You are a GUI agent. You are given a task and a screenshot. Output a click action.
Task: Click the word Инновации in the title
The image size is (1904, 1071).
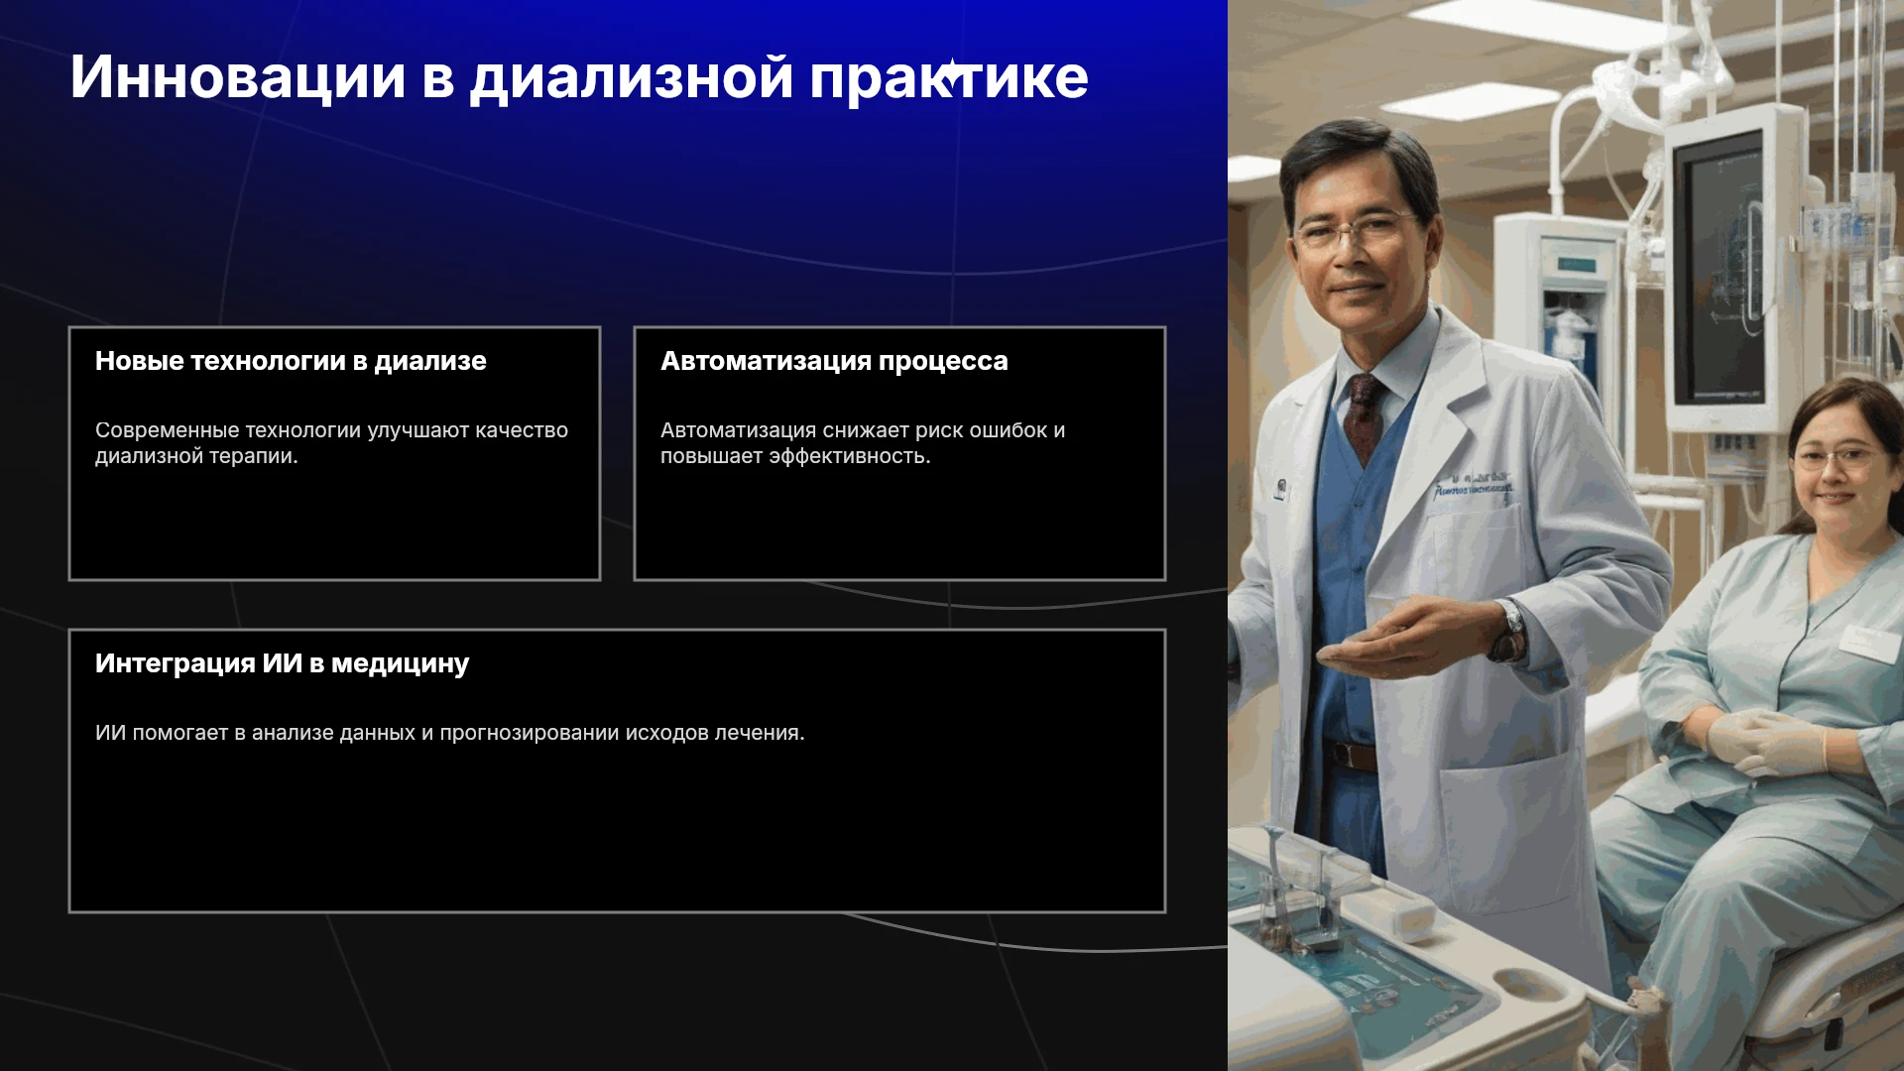(238, 77)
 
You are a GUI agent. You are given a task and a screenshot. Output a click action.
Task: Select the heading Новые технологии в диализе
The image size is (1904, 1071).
(291, 361)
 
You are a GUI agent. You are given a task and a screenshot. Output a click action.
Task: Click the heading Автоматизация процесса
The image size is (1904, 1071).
(834, 362)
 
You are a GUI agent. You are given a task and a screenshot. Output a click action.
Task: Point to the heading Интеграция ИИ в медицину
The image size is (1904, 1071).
(282, 663)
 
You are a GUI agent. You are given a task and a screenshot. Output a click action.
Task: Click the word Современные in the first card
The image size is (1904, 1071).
(167, 430)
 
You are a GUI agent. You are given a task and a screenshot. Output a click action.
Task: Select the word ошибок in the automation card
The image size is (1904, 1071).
(1008, 430)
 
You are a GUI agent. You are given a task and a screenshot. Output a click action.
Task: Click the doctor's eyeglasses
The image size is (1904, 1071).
(1354, 231)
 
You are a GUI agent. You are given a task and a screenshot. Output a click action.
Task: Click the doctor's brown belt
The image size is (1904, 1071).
(1353, 756)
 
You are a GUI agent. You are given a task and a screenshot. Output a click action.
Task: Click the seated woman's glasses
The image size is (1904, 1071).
(1837, 458)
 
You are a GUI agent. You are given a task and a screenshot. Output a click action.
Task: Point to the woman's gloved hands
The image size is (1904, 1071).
(1766, 742)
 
